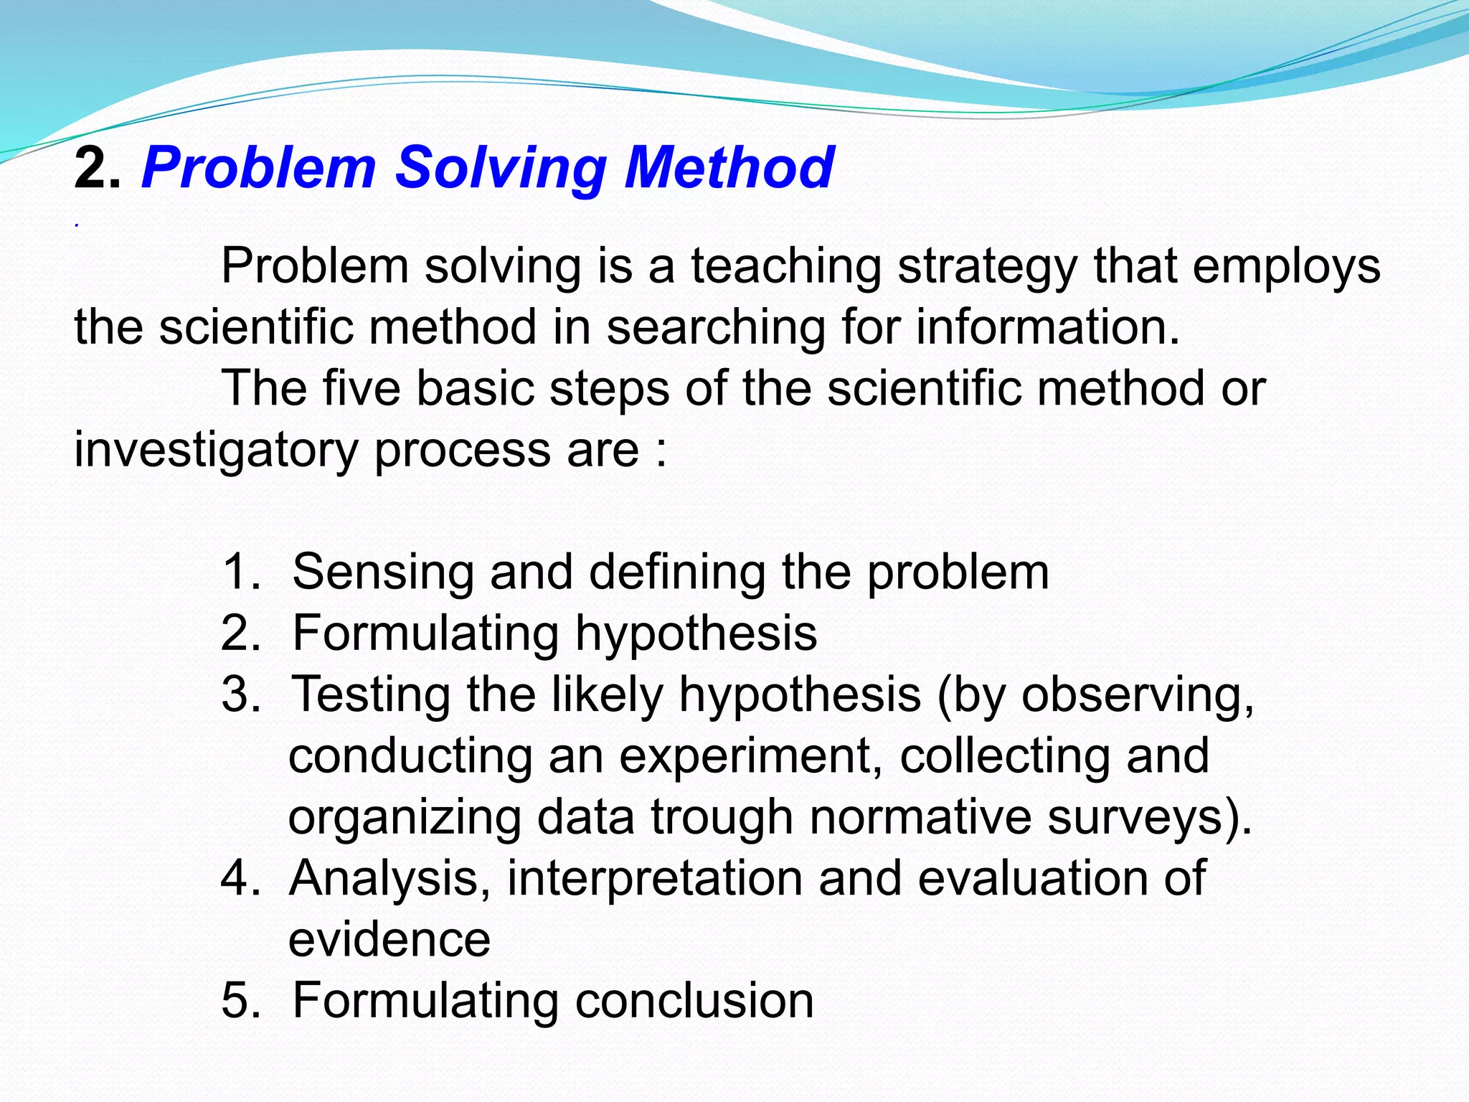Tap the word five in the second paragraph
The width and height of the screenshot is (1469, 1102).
(x=361, y=388)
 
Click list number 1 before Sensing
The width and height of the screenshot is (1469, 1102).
(x=240, y=572)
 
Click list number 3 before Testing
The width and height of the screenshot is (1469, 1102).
(x=240, y=694)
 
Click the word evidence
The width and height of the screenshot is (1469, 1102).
(x=389, y=939)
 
